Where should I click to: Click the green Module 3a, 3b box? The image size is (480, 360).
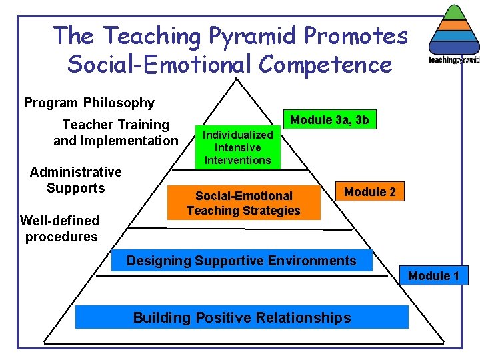[329, 120]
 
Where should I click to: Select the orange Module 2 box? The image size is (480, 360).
[369, 192]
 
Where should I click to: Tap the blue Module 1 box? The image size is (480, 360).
[433, 275]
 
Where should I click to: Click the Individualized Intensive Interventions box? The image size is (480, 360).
[238, 147]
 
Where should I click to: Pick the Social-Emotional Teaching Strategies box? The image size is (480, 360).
[243, 203]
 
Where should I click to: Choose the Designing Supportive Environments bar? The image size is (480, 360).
[241, 261]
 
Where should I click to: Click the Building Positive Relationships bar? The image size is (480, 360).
[241, 317]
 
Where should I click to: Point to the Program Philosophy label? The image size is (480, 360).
[89, 103]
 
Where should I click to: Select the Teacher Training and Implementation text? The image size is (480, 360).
[116, 133]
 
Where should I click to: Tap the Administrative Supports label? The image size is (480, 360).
[76, 180]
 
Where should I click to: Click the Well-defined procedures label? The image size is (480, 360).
[60, 229]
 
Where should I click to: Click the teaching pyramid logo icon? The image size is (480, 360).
[454, 33]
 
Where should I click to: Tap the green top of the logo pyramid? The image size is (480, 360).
[454, 12]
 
